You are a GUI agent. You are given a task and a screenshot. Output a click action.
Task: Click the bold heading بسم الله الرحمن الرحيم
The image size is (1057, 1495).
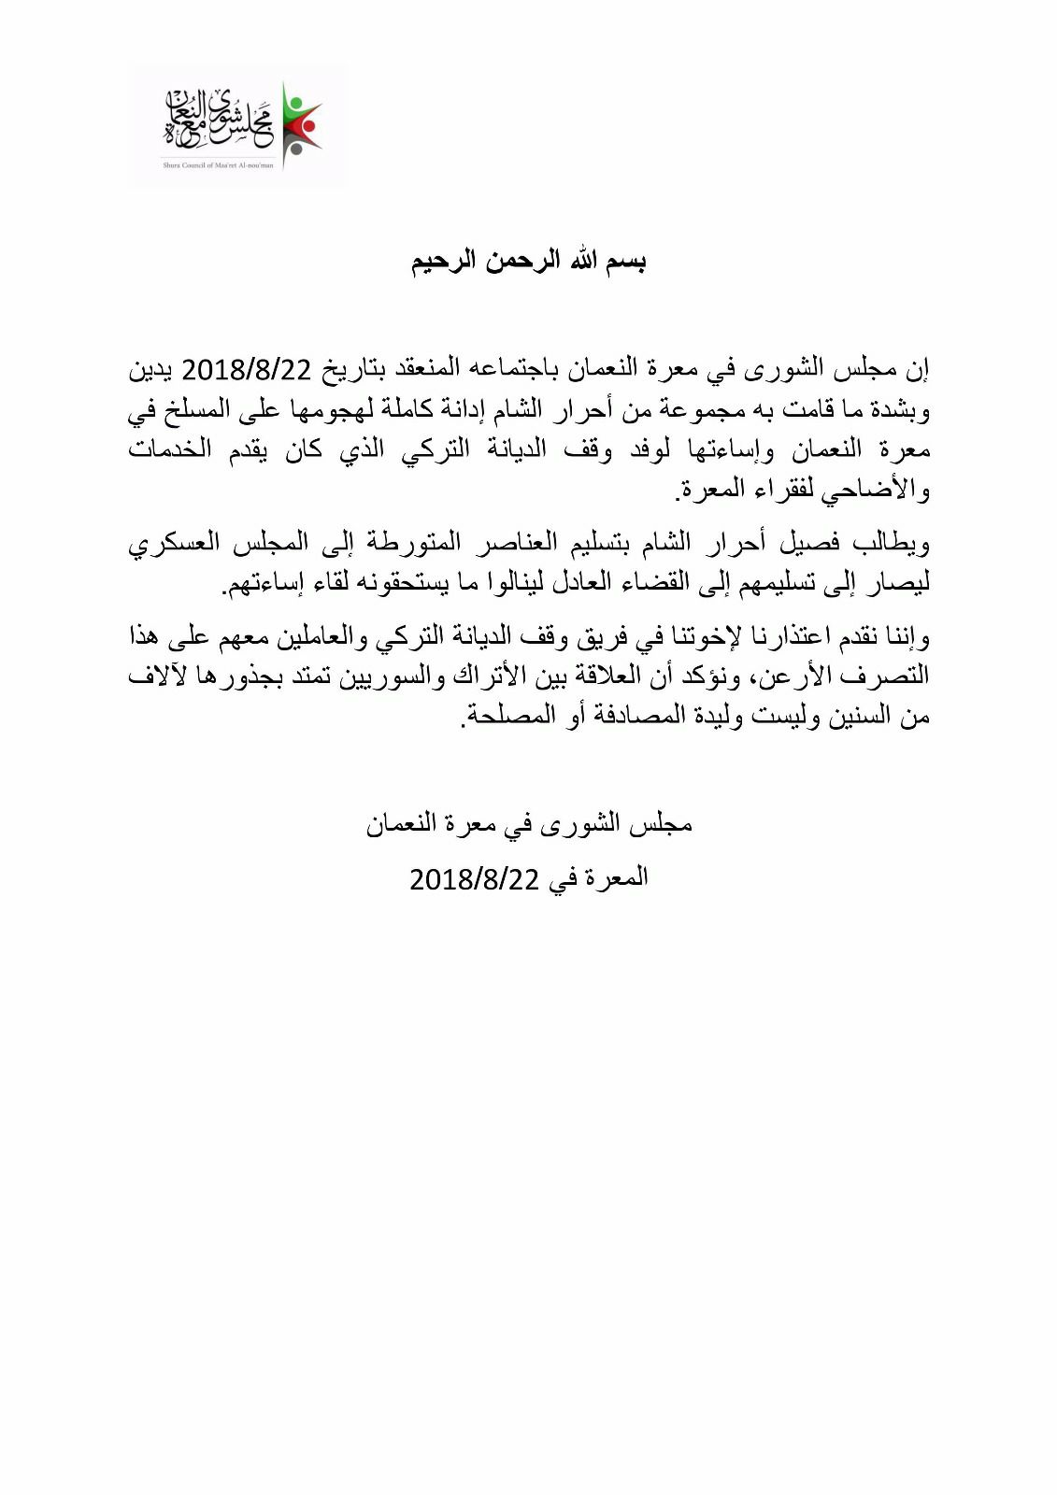click(529, 261)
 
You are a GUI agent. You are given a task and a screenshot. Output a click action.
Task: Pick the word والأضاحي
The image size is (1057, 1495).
click(875, 490)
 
